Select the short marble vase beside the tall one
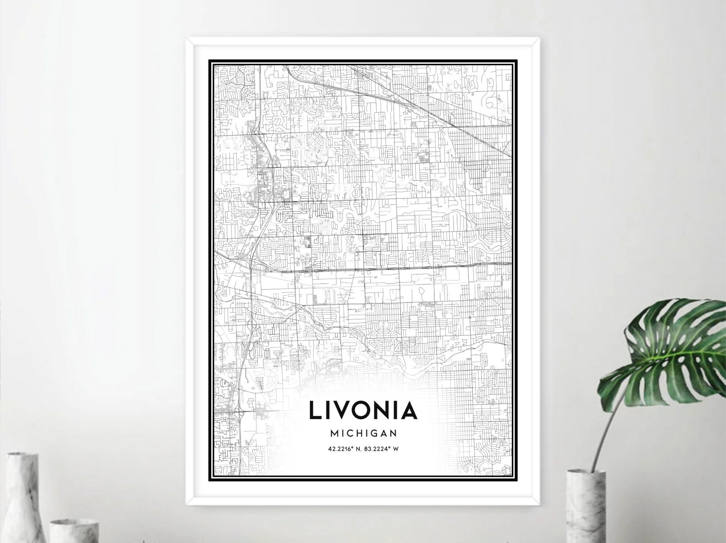(x=69, y=530)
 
